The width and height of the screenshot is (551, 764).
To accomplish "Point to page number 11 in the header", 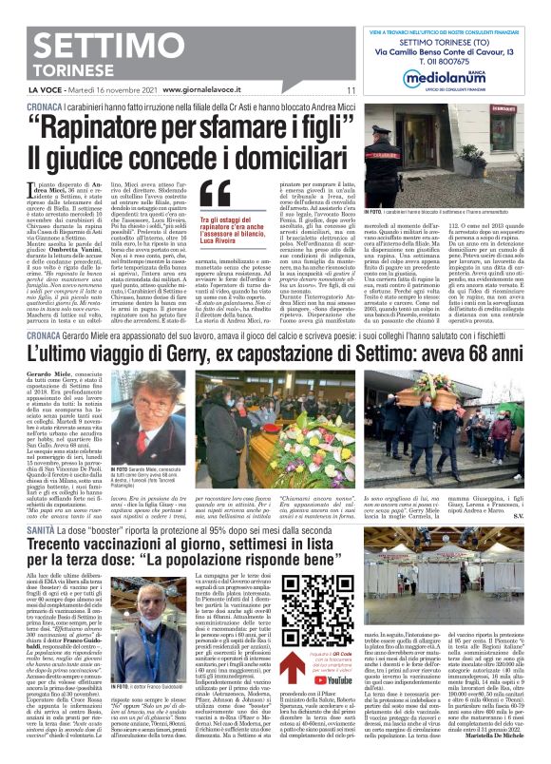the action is [351, 91].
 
